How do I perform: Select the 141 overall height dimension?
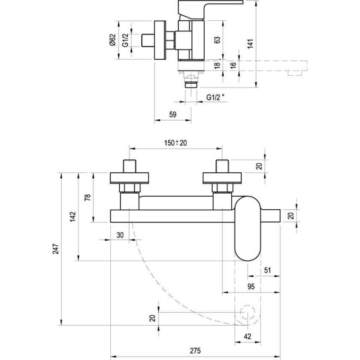(x=250, y=44)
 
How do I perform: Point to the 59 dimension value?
(x=173, y=114)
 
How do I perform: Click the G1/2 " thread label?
(x=216, y=97)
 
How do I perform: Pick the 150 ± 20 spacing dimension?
(x=175, y=143)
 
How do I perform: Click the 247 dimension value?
(x=56, y=249)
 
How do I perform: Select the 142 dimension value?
(x=73, y=216)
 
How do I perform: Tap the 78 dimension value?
(x=88, y=198)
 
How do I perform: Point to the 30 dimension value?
(x=120, y=235)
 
